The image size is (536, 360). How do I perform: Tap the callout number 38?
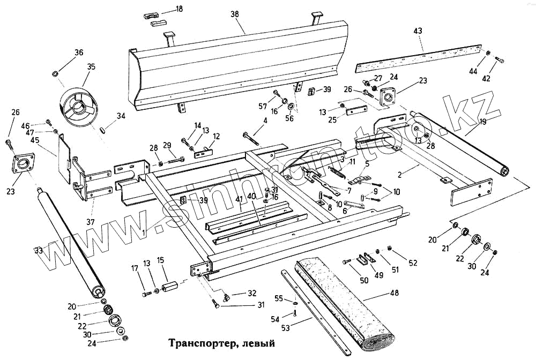pyautogui.click(x=234, y=14)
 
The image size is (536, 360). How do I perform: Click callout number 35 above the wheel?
pyautogui.click(x=91, y=67)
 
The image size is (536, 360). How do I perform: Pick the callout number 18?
pyautogui.click(x=179, y=9)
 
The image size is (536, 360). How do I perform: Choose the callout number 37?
pyautogui.click(x=92, y=222)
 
